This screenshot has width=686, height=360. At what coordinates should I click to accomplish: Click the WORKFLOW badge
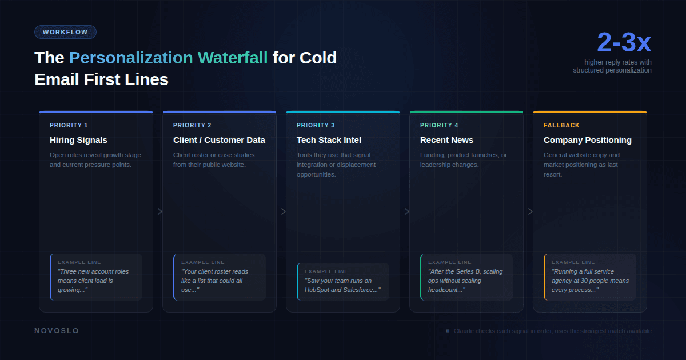point(65,32)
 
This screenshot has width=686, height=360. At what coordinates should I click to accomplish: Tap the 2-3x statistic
point(624,43)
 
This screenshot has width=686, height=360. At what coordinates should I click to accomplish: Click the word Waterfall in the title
point(233,58)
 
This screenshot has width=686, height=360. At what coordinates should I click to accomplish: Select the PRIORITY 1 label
point(69,125)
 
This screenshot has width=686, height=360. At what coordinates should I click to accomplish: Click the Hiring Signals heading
point(78,140)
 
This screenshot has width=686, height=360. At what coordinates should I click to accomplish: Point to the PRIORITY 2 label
point(192,125)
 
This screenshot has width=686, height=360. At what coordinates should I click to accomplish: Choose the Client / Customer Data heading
point(219,140)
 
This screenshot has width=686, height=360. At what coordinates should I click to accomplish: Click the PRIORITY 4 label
point(439,125)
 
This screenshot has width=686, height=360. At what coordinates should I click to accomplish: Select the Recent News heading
point(446,140)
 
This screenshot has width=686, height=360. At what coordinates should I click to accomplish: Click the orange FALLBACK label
point(561,125)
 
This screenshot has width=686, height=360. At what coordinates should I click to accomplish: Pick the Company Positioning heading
point(587,140)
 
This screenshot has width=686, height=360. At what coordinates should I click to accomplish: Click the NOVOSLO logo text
point(57,331)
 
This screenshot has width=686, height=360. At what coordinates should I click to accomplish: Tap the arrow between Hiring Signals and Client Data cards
point(160,211)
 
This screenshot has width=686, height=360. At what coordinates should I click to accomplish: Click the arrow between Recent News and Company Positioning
point(530,211)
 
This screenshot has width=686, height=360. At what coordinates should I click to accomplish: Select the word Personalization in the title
point(131,58)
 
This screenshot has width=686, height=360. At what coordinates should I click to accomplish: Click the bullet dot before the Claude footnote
point(448,331)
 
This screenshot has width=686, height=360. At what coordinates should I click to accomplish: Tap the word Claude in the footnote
point(464,331)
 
